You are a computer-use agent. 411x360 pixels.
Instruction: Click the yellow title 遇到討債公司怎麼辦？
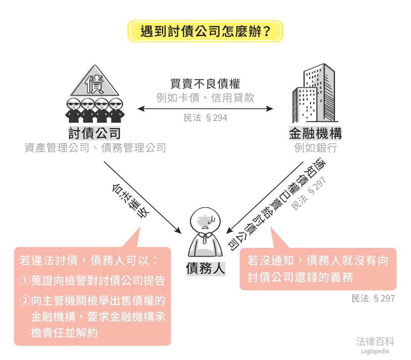coord(205,31)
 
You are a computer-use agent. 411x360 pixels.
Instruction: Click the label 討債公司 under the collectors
coord(95,134)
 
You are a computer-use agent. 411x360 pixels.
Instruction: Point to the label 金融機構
coord(315,134)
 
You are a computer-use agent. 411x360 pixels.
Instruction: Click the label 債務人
coord(205,269)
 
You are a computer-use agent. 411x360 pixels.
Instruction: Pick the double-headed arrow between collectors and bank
coord(205,109)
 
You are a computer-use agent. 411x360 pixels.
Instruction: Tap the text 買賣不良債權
coord(205,84)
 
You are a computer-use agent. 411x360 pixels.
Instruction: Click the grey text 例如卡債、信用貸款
coord(205,97)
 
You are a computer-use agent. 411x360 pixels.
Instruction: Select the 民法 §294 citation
coord(205,118)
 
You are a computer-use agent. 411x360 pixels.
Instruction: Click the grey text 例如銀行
coord(315,147)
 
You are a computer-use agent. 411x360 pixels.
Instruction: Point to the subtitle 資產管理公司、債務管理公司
coord(95,148)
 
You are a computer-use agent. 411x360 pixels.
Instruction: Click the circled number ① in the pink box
coord(25,281)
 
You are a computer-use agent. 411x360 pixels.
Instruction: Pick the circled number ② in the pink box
coord(25,301)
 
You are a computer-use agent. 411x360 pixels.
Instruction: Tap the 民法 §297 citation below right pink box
coord(373,298)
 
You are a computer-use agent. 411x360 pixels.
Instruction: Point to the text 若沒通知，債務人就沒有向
coord(317,261)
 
